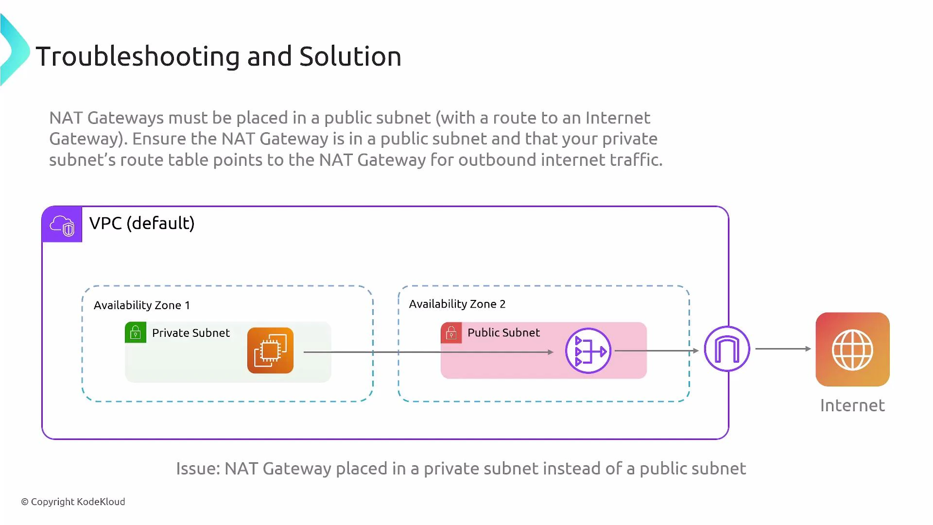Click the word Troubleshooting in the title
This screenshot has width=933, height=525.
[x=138, y=56]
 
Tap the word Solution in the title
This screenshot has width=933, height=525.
[x=350, y=56]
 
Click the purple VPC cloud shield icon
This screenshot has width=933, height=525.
[x=62, y=225]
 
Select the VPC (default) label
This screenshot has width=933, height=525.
[x=142, y=223]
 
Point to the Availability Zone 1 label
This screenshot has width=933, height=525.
[x=142, y=305]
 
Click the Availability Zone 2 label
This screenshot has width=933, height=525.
[x=457, y=304]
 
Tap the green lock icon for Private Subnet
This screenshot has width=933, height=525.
[x=136, y=333]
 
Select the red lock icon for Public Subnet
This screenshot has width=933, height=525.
[x=451, y=333]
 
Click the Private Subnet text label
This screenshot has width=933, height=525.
[x=190, y=333]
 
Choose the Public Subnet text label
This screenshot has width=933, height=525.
[x=503, y=332]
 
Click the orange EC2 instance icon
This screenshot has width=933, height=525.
[x=270, y=350]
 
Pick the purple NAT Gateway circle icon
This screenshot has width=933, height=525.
[x=588, y=350]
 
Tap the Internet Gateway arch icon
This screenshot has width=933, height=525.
[x=727, y=349]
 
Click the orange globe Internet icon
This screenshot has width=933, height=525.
[x=852, y=350]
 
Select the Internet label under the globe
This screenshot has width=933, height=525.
[x=852, y=405]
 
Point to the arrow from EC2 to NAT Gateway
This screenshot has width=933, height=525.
[x=428, y=352]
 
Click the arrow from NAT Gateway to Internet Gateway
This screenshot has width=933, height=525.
[x=656, y=350]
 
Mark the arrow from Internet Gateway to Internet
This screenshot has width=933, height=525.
[x=782, y=349]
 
